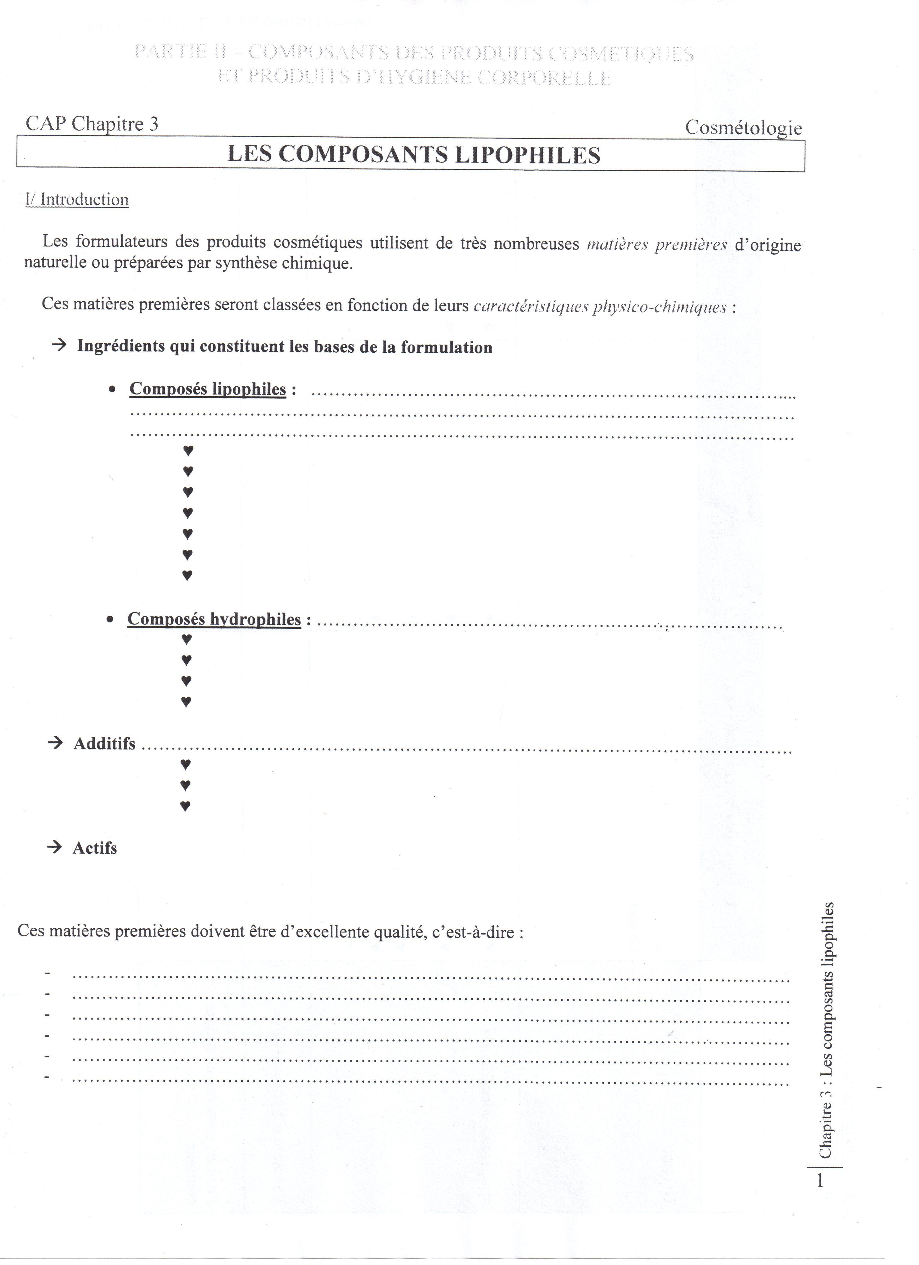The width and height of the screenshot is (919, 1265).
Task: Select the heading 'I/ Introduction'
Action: [x=77, y=200]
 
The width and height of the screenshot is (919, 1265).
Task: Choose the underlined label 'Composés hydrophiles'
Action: [x=214, y=619]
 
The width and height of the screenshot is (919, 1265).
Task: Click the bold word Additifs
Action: [x=104, y=743]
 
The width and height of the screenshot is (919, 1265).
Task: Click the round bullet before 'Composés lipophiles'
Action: [x=113, y=389]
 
